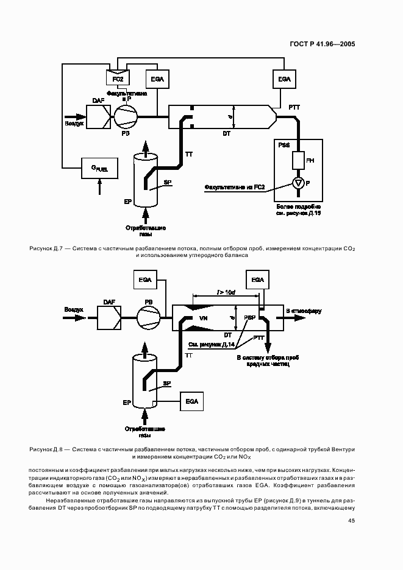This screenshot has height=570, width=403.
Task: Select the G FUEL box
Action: pyautogui.click(x=99, y=168)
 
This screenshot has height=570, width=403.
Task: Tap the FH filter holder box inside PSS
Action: pyautogui.click(x=298, y=161)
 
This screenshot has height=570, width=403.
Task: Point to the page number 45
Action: pyautogui.click(x=351, y=521)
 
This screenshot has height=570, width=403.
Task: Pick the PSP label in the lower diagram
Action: pyautogui.click(x=250, y=318)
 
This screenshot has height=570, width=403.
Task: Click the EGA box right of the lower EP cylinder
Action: pyautogui.click(x=192, y=402)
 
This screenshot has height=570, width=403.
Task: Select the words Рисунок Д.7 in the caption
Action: pyautogui.click(x=43, y=248)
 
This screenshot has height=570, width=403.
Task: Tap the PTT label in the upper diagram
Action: pyautogui.click(x=294, y=108)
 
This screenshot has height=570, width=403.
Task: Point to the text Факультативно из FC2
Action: pyautogui.click(x=235, y=187)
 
